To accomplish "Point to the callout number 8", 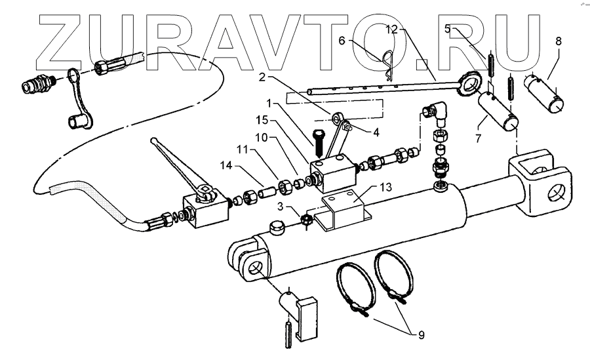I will tap(558, 41).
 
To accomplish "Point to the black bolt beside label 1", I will tap(319, 140).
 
